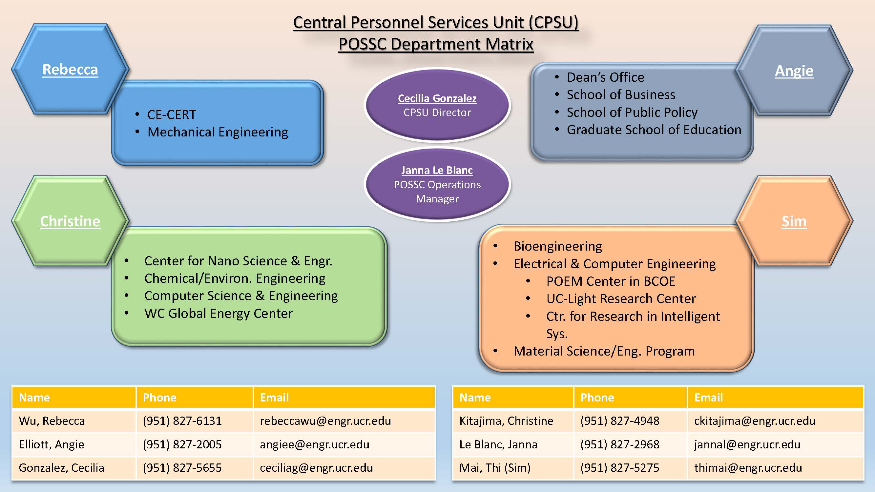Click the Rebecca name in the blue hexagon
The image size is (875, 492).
coord(70,70)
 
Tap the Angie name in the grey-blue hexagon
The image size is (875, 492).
coord(794,71)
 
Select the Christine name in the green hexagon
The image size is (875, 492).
coord(70,221)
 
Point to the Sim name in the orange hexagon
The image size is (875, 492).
coord(794,221)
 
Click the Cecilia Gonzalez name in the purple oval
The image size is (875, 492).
coord(437,98)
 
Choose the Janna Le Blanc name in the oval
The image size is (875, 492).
coord(437,170)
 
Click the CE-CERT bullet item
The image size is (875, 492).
coord(172,115)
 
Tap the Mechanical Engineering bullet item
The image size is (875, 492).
coord(218,132)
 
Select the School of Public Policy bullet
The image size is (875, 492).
coord(632,113)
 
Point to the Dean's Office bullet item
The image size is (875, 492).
coord(606,77)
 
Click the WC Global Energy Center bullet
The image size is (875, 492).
coord(219,313)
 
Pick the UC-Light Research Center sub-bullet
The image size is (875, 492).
coord(621,299)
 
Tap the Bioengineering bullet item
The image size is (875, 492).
coord(558,246)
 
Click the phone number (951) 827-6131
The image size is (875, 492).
coord(182,421)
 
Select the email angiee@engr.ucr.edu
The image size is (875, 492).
coord(315,444)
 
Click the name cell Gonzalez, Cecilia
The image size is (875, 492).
coord(61,468)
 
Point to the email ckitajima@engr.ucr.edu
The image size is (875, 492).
coord(755,421)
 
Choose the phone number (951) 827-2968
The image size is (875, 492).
coord(620,444)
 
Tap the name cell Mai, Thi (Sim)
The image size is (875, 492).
coord(495,468)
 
